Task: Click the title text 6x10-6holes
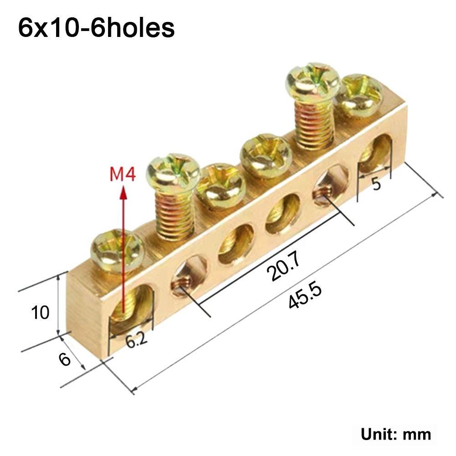(96, 28)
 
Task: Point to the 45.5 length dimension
(305, 296)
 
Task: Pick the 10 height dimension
(40, 313)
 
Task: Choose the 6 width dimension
(65, 359)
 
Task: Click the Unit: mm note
(396, 434)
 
